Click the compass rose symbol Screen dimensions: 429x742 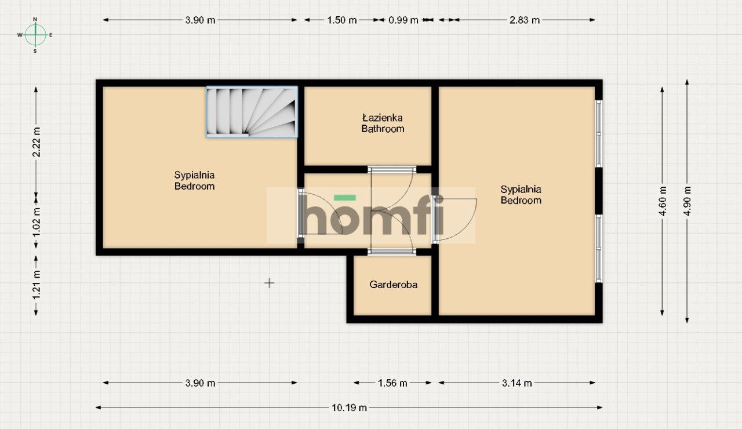click(x=35, y=35)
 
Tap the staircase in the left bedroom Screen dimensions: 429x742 click(x=252, y=112)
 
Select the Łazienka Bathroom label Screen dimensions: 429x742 click(x=383, y=123)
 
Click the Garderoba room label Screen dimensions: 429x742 click(x=394, y=285)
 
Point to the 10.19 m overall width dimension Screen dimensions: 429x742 click(x=349, y=408)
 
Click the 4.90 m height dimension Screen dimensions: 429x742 click(x=688, y=201)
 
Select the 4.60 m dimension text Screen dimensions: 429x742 click(x=663, y=201)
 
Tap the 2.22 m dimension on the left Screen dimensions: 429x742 click(x=36, y=141)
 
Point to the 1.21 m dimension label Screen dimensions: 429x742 click(x=36, y=285)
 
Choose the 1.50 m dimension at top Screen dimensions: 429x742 click(x=341, y=20)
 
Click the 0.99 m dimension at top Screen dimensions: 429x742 click(x=403, y=20)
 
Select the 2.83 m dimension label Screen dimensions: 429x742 click(x=524, y=20)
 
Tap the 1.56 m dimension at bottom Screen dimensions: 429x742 click(x=392, y=383)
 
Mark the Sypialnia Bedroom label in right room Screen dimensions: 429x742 click(x=521, y=195)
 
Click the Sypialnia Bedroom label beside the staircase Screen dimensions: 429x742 click(x=195, y=180)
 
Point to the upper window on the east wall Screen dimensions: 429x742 click(x=599, y=133)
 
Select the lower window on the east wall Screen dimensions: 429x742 click(x=599, y=248)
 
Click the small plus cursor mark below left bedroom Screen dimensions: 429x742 click(x=269, y=283)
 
